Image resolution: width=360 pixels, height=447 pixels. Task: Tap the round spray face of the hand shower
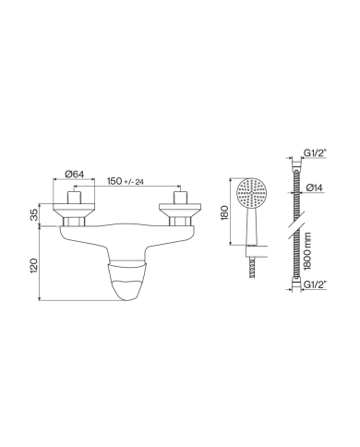(251, 195)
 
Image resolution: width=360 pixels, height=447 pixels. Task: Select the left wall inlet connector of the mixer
(76, 209)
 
